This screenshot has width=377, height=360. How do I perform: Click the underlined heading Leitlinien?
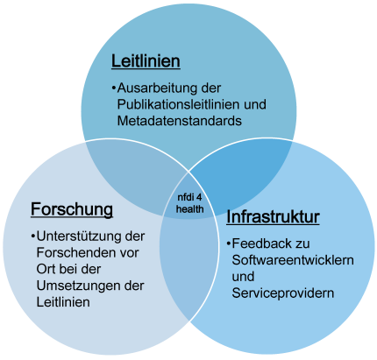click(x=146, y=61)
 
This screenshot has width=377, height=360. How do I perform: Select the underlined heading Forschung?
click(x=72, y=209)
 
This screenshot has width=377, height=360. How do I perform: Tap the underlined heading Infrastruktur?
click(x=273, y=217)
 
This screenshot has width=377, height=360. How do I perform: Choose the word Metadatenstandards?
click(x=180, y=121)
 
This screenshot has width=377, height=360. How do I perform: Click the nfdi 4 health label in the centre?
click(x=190, y=203)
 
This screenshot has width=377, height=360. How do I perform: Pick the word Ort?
click(x=46, y=269)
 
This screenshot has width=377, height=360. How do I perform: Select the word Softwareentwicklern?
click(x=293, y=260)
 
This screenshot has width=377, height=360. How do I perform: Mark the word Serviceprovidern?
click(x=283, y=293)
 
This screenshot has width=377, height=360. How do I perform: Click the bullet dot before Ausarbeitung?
click(x=113, y=88)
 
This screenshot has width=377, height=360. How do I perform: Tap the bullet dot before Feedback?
click(x=228, y=244)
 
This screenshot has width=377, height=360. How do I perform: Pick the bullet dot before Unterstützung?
click(x=33, y=236)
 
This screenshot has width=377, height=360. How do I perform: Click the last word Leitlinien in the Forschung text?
click(x=63, y=302)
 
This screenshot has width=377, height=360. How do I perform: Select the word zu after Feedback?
click(x=302, y=244)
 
